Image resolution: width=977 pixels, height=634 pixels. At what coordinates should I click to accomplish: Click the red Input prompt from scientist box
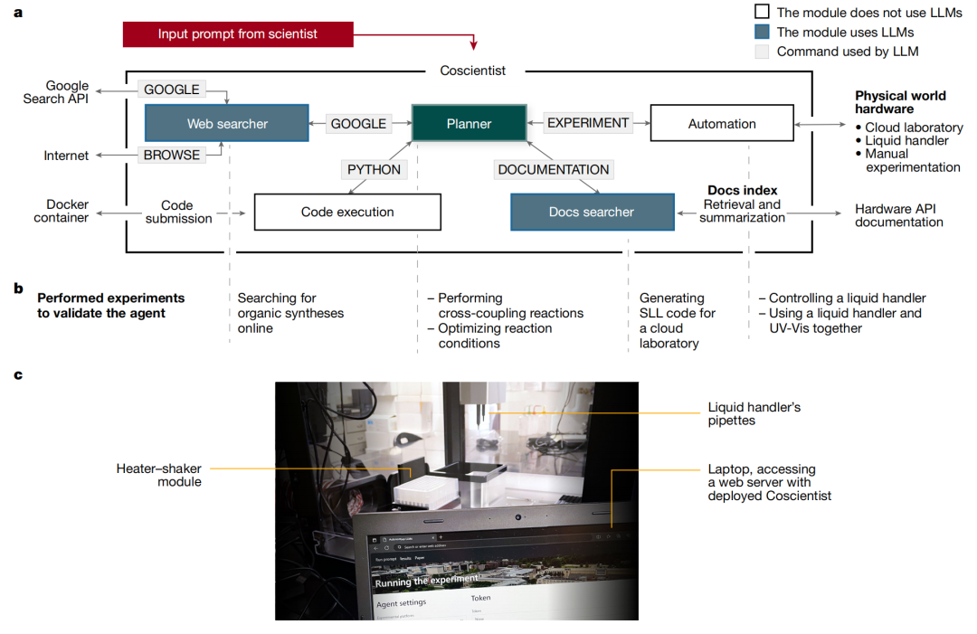[x=238, y=34]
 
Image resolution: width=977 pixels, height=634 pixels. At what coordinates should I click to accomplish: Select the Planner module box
[x=469, y=123]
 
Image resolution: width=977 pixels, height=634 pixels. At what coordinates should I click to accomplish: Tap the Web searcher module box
[x=227, y=123]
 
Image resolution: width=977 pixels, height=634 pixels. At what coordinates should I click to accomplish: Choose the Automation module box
[x=721, y=123]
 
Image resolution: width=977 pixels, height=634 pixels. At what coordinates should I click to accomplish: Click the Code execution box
[x=347, y=212]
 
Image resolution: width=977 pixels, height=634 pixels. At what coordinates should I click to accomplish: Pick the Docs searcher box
[x=592, y=212]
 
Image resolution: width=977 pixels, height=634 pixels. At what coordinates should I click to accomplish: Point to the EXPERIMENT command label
[x=588, y=123]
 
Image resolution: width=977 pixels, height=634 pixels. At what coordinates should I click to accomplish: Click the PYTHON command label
[x=374, y=169]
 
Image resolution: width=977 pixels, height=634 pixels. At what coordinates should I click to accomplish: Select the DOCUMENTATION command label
[x=554, y=169]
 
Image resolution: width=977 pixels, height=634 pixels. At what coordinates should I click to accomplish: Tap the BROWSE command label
[x=171, y=155]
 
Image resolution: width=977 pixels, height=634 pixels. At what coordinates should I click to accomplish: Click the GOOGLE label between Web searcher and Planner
[x=358, y=124]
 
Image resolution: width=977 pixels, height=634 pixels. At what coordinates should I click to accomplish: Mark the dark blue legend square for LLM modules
[x=762, y=32]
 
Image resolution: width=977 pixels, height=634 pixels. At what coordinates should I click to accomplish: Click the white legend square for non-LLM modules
[x=762, y=13]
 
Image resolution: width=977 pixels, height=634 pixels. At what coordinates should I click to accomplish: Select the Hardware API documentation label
[x=899, y=215]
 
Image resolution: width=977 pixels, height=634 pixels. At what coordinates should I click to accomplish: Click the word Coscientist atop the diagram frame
[x=473, y=71]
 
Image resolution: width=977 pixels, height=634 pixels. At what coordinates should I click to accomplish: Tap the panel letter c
[x=18, y=374]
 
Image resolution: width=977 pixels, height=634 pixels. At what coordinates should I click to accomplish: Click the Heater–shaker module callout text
[x=158, y=475]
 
